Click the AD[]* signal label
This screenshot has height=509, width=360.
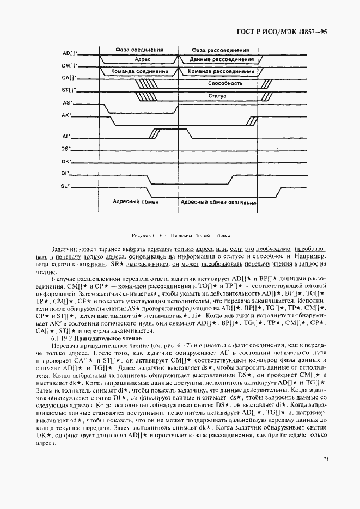pos(70,53)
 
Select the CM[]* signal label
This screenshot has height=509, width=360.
pos(70,65)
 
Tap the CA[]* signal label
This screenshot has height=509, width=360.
pos(70,78)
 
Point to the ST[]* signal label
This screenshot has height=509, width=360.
pos(70,90)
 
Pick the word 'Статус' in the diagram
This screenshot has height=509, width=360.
pos(217,96)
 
